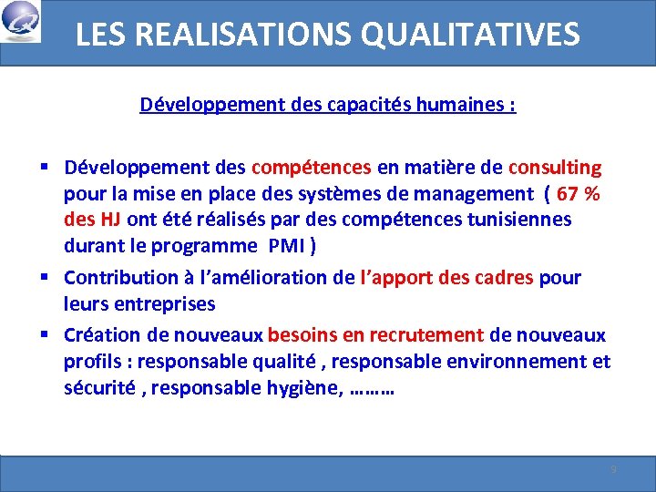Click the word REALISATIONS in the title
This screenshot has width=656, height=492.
[235, 35]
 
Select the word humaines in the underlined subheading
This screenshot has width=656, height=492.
[463, 105]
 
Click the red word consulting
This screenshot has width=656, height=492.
[555, 168]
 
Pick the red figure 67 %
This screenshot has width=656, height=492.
[579, 193]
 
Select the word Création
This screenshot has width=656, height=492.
[97, 335]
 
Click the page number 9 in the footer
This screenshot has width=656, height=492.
[613, 469]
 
